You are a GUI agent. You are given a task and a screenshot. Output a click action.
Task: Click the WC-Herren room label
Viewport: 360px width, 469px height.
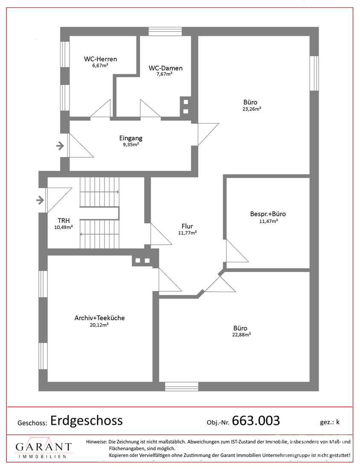[x=100, y=59]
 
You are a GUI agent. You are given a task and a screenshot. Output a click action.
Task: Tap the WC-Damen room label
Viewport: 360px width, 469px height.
[x=165, y=68]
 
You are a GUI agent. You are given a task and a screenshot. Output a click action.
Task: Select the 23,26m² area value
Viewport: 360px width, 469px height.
[x=252, y=109]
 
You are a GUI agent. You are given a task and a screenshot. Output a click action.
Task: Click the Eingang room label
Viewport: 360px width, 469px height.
[x=131, y=138]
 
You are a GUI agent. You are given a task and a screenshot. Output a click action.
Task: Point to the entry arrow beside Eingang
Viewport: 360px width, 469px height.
[x=60, y=146]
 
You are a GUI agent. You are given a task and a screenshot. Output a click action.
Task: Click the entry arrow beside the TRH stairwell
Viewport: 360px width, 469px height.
[x=40, y=200]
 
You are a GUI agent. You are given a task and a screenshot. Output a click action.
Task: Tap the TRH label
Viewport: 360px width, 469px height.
[x=64, y=221]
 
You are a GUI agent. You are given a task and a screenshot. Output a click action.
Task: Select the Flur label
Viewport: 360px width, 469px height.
[x=187, y=226]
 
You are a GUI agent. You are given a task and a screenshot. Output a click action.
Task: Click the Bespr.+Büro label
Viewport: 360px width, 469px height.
[x=268, y=214]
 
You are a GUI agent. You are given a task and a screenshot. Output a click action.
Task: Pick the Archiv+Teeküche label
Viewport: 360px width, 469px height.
[x=100, y=318]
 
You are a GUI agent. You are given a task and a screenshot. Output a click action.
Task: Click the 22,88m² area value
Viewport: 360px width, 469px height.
[x=241, y=335]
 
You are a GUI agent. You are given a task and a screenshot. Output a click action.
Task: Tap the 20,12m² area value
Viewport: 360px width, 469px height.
[x=99, y=325]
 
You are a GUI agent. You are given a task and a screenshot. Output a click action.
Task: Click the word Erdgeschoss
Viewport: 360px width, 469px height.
[x=87, y=420]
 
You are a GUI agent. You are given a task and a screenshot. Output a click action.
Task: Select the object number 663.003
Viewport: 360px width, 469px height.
[x=256, y=420]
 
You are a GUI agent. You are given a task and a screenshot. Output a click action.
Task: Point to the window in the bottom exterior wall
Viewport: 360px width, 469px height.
[x=182, y=386]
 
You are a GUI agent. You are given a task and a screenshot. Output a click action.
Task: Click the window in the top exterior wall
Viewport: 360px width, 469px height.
[x=165, y=32]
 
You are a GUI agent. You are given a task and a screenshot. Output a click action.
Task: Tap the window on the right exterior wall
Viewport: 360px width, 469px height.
[x=314, y=73]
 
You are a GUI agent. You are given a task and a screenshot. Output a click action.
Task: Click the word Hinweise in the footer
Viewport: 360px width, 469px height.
[x=96, y=441]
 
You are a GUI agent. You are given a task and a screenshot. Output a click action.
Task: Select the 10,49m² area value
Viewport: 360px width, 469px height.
[x=64, y=227]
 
